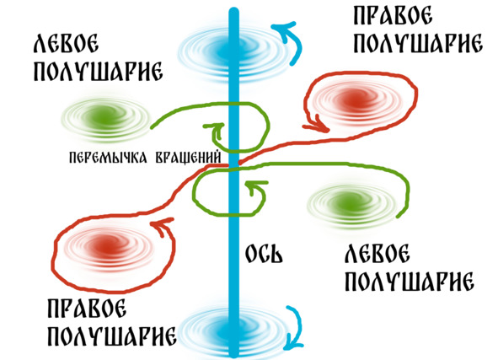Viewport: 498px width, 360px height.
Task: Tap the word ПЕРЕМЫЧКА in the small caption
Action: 108,158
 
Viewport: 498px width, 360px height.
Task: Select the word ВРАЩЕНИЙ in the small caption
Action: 189,158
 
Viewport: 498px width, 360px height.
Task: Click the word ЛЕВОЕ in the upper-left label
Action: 66,44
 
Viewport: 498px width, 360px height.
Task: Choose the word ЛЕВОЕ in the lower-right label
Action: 377,253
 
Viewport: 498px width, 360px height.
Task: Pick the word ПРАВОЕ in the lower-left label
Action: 87,308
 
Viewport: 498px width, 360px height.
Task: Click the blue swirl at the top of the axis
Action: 233,51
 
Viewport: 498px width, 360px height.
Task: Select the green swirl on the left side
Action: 104,119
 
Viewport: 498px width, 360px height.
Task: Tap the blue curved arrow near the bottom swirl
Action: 297,327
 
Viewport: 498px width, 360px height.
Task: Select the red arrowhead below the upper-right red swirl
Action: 318,126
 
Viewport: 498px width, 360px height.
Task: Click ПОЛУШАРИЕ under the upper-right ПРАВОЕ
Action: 418,44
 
